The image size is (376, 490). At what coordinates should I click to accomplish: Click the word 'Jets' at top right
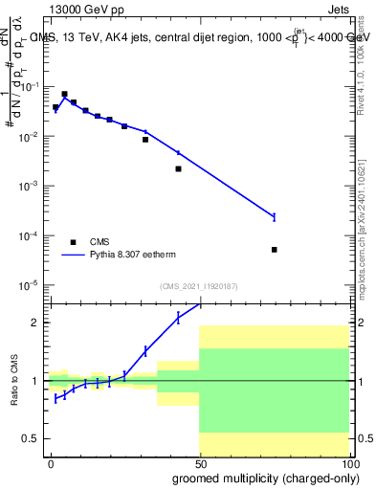[337, 11]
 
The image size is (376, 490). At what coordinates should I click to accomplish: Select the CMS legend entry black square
[73, 242]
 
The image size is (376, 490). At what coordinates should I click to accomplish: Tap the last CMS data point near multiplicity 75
[274, 250]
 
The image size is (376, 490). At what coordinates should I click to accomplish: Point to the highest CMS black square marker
[64, 95]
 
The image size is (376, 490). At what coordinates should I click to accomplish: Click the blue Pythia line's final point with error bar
[274, 216]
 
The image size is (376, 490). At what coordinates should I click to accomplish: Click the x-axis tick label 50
[199, 463]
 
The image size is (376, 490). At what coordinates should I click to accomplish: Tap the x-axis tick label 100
[347, 463]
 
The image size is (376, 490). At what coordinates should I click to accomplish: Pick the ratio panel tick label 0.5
[33, 438]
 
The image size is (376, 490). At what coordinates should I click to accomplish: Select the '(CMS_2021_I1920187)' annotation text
[198, 286]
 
